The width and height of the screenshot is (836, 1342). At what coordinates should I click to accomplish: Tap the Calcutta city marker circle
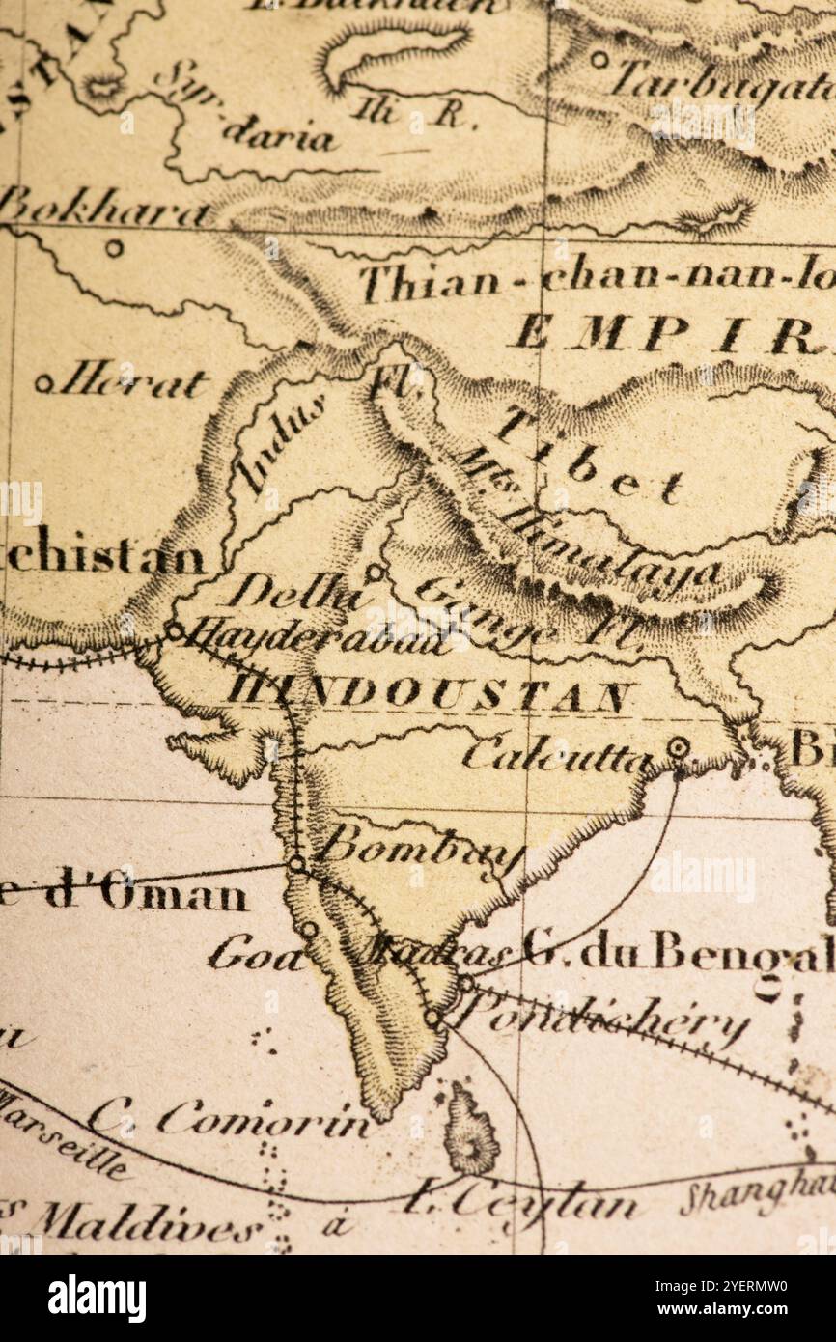[678, 747]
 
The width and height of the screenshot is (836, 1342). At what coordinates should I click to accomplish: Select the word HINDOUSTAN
[431, 692]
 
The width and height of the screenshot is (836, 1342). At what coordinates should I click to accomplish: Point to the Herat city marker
[44, 383]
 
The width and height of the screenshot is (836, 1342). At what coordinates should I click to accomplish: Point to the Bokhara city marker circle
[114, 248]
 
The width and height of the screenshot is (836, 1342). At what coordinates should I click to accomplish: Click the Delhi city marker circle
[374, 573]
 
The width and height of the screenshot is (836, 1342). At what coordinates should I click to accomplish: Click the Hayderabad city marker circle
[175, 631]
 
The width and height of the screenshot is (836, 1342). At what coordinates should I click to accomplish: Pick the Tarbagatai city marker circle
[599, 60]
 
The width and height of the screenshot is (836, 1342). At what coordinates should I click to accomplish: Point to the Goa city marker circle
[309, 930]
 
